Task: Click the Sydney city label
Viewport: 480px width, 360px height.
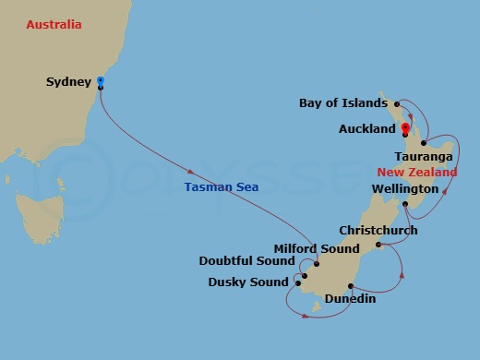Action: (68, 82)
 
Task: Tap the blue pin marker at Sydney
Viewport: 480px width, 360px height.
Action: (100, 82)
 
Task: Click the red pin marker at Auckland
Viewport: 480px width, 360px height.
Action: (404, 128)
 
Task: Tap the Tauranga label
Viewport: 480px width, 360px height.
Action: (423, 157)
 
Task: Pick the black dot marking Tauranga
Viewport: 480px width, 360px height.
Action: (423, 143)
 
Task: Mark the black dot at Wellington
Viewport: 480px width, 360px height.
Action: (405, 203)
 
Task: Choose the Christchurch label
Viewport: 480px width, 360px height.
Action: (378, 230)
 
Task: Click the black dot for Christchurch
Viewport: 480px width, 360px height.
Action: (379, 245)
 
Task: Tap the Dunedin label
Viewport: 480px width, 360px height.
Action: (350, 299)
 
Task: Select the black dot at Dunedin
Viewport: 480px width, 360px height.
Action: (350, 285)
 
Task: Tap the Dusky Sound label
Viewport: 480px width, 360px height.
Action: (248, 282)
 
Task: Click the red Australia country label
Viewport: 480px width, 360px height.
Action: (54, 24)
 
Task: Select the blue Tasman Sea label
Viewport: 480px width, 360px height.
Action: (222, 186)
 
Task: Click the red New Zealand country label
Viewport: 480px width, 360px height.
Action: (417, 173)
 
